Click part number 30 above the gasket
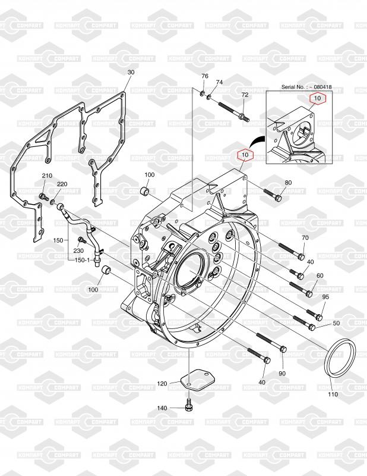coord(131,72)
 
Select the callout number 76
coord(205,76)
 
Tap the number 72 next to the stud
coord(245,95)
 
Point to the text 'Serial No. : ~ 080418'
coord(306,87)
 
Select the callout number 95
coord(325,297)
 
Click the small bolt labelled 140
coord(189,406)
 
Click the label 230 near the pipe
coord(78,250)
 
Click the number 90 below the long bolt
coord(282,373)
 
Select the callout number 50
coord(336,323)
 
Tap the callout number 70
coord(305,238)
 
